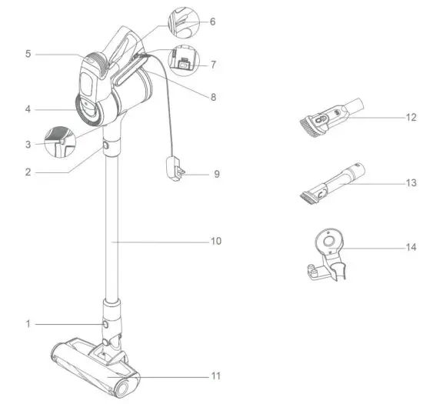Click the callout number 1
click(28, 323)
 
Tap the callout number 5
click(28, 54)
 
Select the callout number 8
click(213, 97)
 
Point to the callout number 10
click(216, 241)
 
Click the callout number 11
click(216, 376)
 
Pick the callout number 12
click(411, 118)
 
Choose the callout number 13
click(411, 183)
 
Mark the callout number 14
click(411, 247)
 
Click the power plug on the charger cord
click(175, 169)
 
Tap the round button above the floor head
click(105, 324)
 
